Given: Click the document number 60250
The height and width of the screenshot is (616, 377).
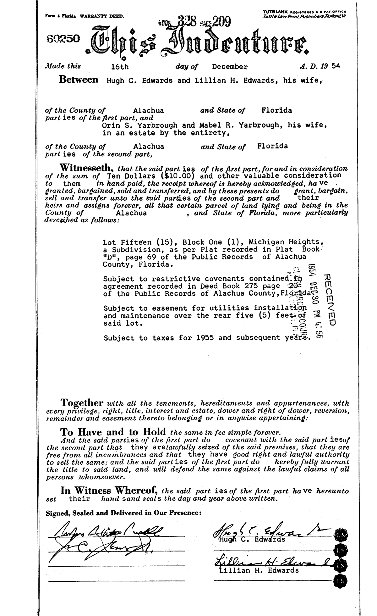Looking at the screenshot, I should pyautogui.click(x=63, y=39).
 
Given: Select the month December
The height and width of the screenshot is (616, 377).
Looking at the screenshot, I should pyautogui.click(x=230, y=67).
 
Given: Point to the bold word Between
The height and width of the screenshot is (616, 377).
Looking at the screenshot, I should pyautogui.click(x=79, y=80).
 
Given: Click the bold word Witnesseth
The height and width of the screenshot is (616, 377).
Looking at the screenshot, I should pyautogui.click(x=86, y=166).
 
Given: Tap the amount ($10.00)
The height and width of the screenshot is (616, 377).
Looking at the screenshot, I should pyautogui.click(x=180, y=176).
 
